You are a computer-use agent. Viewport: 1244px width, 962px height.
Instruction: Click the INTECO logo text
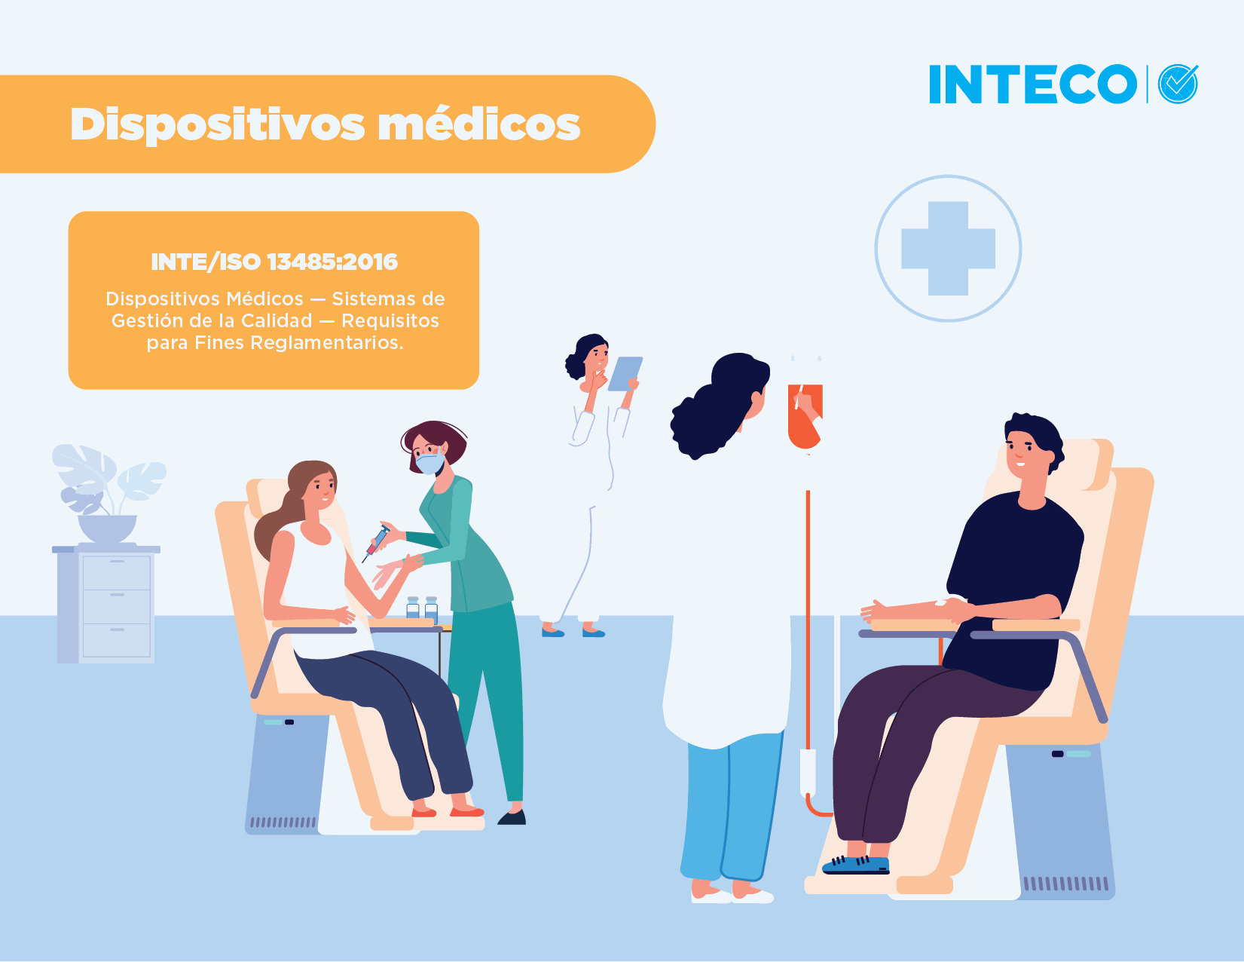point(1032,84)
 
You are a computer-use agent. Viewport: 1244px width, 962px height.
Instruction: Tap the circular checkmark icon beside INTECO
point(1178,84)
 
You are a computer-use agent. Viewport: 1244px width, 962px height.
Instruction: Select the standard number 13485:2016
point(332,262)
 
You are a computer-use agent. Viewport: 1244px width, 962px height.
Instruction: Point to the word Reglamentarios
point(327,342)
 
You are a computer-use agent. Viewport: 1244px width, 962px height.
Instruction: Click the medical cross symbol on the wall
point(948,249)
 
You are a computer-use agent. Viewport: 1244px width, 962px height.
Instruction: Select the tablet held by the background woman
point(625,374)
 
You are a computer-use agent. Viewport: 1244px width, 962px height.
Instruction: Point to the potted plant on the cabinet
point(108,493)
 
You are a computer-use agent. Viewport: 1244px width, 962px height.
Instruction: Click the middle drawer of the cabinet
point(117,606)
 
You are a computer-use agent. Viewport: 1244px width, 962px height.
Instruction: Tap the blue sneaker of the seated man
point(856,865)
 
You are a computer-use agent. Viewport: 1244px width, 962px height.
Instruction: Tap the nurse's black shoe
point(512,817)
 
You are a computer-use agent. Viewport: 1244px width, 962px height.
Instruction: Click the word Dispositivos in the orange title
point(218,125)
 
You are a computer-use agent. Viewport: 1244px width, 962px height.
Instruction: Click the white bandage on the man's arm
point(942,603)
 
